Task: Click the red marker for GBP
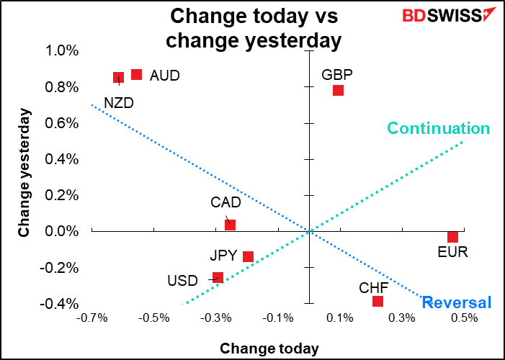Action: coord(338,90)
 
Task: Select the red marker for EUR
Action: coord(452,237)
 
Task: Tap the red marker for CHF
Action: coord(377,301)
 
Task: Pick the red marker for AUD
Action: coord(136,74)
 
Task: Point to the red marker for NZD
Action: coord(119,77)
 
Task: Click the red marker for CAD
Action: coord(231,225)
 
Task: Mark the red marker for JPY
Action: coord(249,256)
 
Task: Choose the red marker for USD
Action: coord(218,277)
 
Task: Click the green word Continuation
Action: coord(438,129)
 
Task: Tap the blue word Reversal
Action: coord(457,302)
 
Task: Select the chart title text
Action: coord(252,27)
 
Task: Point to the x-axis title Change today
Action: coord(269,348)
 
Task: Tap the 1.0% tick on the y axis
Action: coord(62,50)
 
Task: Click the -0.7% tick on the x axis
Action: coord(93,318)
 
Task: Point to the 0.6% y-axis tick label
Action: coord(62,123)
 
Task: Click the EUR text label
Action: coord(452,252)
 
